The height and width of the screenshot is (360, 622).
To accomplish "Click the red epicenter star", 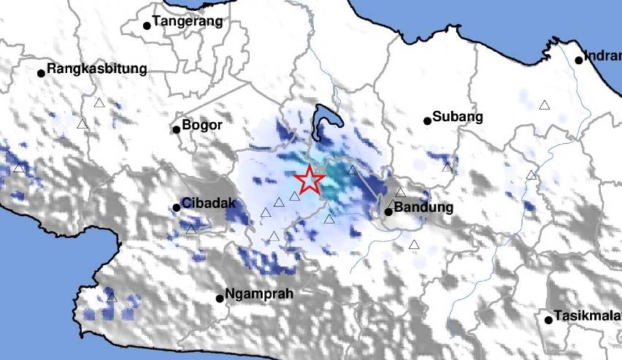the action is click(x=310, y=179).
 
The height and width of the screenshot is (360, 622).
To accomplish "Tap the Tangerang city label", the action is click(x=187, y=21).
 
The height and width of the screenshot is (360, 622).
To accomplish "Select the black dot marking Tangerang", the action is click(x=147, y=26).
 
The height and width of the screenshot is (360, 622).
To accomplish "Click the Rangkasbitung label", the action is click(x=96, y=69).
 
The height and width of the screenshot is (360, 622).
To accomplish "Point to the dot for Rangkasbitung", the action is click(x=42, y=72).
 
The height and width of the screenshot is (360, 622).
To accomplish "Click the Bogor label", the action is click(x=201, y=125).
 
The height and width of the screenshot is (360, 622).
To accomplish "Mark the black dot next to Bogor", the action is click(x=176, y=130).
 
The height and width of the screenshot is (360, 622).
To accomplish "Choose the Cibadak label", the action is click(x=209, y=203).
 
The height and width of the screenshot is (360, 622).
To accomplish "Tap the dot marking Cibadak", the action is click(x=177, y=207).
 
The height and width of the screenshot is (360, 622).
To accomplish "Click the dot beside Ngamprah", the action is click(x=220, y=298).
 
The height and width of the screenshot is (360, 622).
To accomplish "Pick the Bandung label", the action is click(x=423, y=207).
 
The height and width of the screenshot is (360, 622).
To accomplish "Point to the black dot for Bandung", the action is click(x=388, y=212).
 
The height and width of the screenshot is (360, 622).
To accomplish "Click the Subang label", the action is click(x=458, y=116).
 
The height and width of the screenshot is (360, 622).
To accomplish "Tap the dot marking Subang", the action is click(x=427, y=121).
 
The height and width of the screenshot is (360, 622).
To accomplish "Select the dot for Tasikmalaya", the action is click(x=548, y=319).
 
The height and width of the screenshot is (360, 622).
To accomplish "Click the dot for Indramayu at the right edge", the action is click(x=579, y=60).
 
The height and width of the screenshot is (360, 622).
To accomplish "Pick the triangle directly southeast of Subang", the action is click(x=447, y=167).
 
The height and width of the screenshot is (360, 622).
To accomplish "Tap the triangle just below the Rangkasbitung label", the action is click(x=99, y=103).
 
